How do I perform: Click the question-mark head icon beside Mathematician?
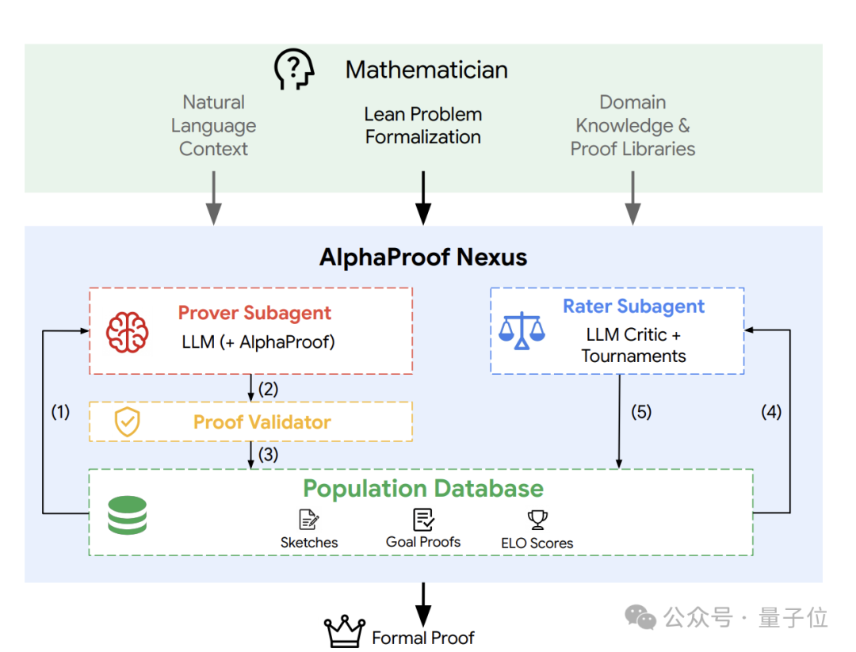pos(294,69)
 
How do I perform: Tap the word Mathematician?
pos(426,70)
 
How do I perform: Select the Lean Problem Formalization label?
pos(423,125)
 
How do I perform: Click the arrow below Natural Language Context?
pos(213,197)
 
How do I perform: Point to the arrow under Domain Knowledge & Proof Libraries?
pos(632,197)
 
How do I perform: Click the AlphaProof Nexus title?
pos(423,257)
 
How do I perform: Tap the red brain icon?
pos(127,332)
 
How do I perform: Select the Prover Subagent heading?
pos(254,313)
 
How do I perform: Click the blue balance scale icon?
pos(522,330)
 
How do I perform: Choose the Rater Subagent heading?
pos(633,306)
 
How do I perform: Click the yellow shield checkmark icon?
pos(127,421)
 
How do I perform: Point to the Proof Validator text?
pos(262,421)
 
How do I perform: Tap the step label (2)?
pos(268,389)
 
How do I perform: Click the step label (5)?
pos(641,411)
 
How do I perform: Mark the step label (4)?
pos(771,411)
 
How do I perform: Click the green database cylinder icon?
pos(127,515)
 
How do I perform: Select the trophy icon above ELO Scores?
pos(537,520)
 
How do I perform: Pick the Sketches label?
pos(309,543)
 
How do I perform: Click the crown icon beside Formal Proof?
pos(345,631)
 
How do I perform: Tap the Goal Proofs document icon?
pos(423,520)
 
